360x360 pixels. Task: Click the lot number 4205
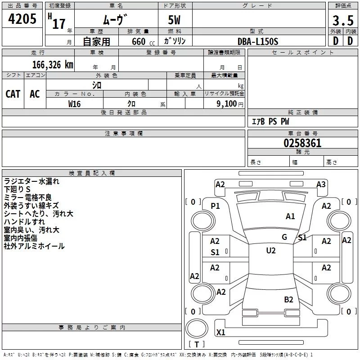pyautogui.click(x=22, y=19)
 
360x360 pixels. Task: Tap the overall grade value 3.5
pyautogui.click(x=342, y=20)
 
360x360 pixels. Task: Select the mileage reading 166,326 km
pyautogui.click(x=53, y=64)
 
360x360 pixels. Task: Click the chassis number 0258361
pyautogui.click(x=302, y=144)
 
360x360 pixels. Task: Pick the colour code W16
pyautogui.click(x=74, y=103)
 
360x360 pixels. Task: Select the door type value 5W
pyautogui.click(x=175, y=20)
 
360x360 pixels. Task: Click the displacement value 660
pyautogui.click(x=139, y=41)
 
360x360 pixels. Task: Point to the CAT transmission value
pyautogui.click(x=13, y=94)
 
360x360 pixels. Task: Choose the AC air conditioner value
pyautogui.click(x=35, y=94)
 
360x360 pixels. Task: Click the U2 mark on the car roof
pyautogui.click(x=270, y=251)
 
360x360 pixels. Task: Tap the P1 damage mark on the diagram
pyautogui.click(x=215, y=206)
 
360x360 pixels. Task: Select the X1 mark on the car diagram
pyautogui.click(x=220, y=333)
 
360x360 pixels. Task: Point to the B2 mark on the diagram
pyautogui.click(x=288, y=300)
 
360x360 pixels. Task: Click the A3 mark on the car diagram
pyautogui.click(x=321, y=184)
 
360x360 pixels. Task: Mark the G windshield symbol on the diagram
pyautogui.click(x=284, y=237)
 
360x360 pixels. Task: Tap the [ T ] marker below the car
pyautogui.click(x=197, y=344)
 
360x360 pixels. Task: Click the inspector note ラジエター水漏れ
pyautogui.click(x=31, y=181)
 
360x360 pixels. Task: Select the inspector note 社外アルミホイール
pyautogui.click(x=34, y=246)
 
